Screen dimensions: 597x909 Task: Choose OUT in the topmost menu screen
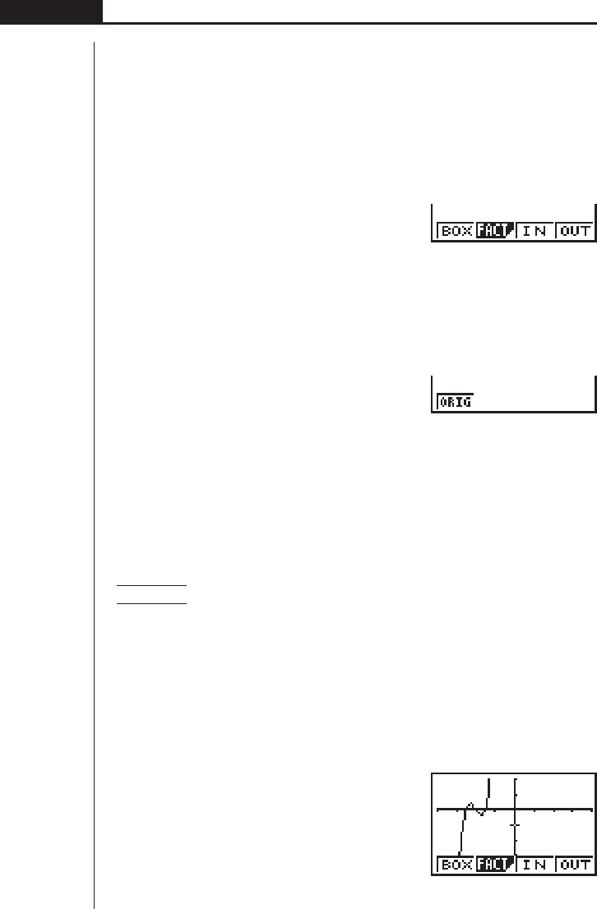pos(574,231)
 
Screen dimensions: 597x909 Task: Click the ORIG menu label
pos(455,403)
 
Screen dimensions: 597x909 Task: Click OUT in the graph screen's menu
pos(574,887)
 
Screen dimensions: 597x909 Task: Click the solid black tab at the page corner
pos(51,11)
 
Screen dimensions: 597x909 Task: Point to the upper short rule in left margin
pos(152,586)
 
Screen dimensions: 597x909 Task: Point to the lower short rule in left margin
pos(152,603)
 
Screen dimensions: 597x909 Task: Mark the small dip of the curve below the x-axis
pos(479,814)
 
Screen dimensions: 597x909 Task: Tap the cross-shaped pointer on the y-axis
pos(515,824)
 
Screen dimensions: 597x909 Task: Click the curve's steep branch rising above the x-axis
pos(489,789)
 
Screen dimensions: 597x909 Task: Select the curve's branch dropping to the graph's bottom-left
pos(461,847)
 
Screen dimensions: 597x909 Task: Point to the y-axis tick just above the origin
pos(515,794)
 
